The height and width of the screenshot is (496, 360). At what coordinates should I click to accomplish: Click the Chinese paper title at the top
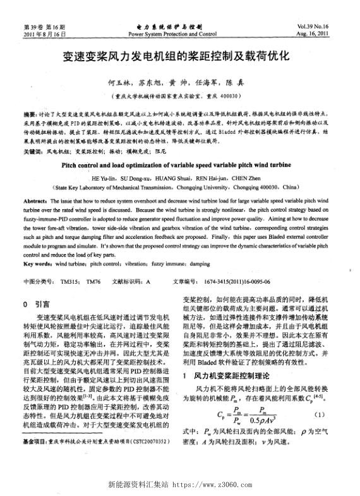click(x=179, y=58)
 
